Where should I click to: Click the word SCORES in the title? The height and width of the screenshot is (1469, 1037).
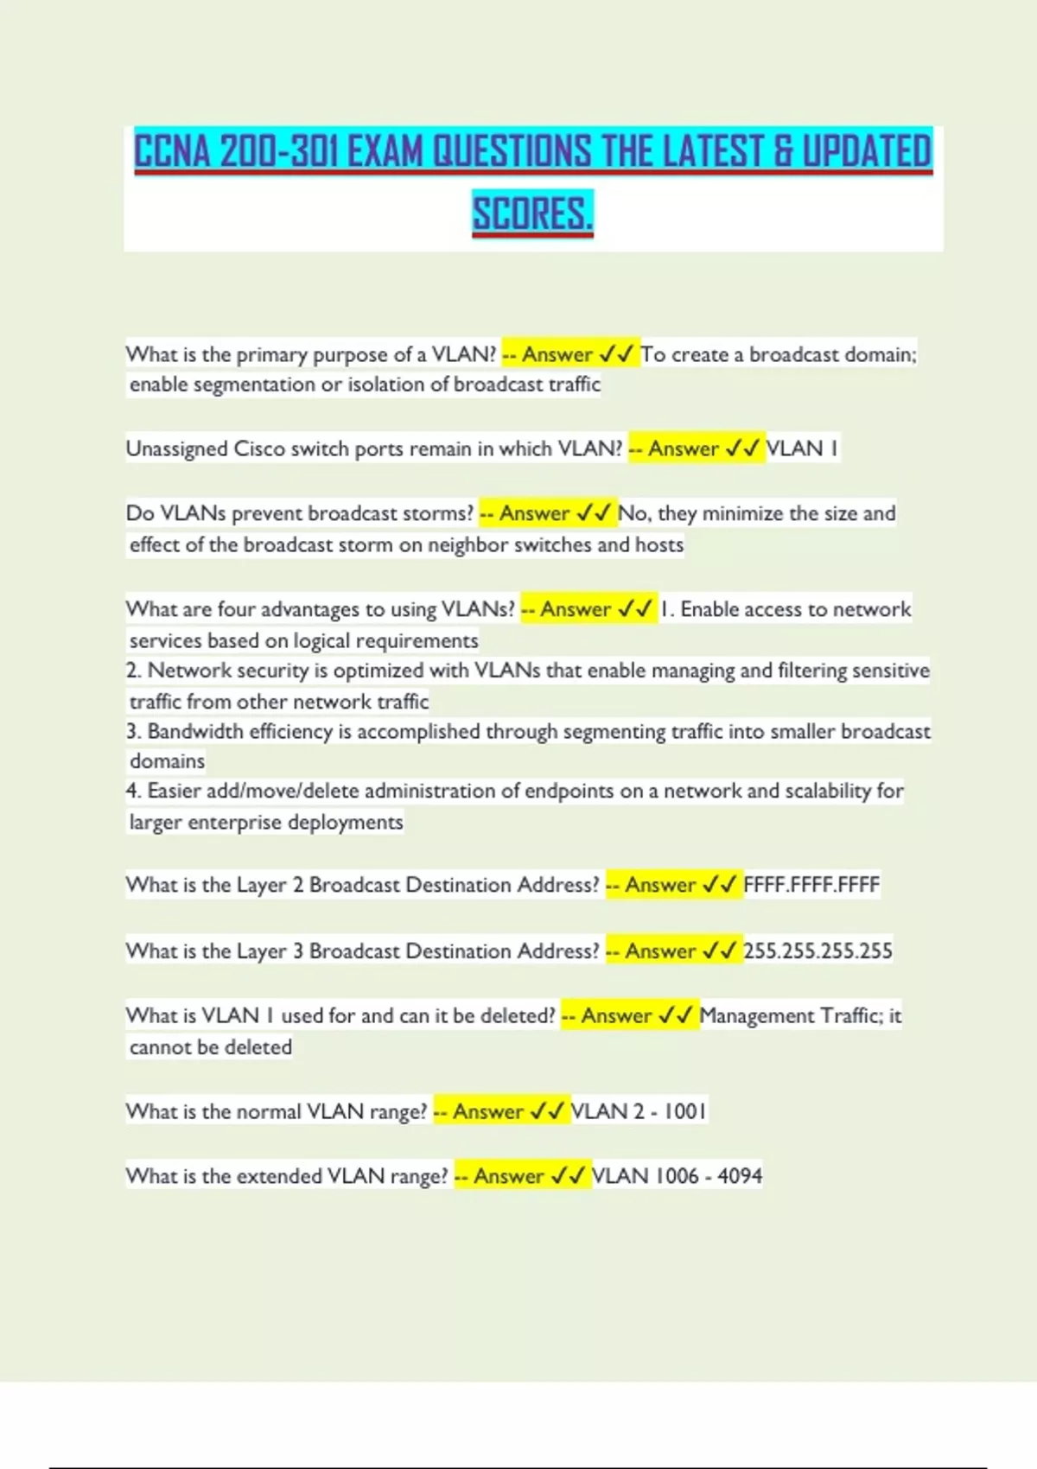point(532,213)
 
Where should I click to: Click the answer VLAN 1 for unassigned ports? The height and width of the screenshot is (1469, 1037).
point(802,448)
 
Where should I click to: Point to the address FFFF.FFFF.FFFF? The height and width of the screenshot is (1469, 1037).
point(811,885)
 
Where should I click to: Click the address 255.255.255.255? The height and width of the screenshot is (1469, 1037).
point(818,951)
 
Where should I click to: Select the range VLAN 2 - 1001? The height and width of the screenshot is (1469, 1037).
point(638,1111)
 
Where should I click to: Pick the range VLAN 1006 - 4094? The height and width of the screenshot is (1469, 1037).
point(677,1176)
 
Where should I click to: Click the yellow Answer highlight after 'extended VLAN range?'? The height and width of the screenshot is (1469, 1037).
point(522,1176)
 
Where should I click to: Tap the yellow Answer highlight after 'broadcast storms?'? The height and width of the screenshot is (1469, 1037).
point(547,513)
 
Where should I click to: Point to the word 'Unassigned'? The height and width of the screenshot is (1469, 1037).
point(176,449)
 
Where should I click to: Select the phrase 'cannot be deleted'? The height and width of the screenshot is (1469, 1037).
point(211,1047)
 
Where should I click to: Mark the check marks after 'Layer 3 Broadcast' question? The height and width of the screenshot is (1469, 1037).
point(719,951)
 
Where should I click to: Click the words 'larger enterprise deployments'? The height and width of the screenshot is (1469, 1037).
point(266,822)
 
